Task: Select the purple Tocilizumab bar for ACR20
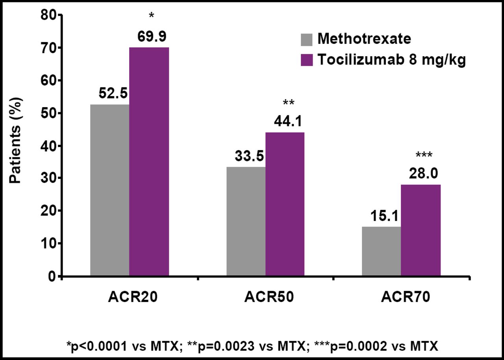(x=149, y=161)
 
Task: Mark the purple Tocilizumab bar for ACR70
(x=421, y=230)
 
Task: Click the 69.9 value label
(x=152, y=36)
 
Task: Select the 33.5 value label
(x=249, y=156)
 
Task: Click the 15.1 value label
(x=384, y=216)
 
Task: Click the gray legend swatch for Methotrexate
(x=306, y=39)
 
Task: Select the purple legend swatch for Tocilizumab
(x=306, y=60)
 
